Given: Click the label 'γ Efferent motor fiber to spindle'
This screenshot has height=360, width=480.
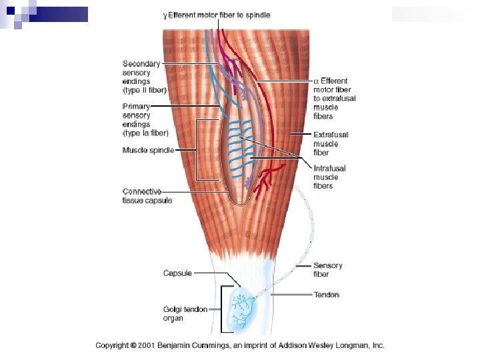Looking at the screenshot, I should point(217,15).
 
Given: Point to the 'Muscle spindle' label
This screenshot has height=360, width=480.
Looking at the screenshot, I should point(148,151).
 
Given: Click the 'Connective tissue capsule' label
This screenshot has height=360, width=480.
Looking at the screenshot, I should point(147,196).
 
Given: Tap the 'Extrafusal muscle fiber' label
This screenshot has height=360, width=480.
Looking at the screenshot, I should point(331,143).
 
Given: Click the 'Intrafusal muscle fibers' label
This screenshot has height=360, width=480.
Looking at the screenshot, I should point(330,177).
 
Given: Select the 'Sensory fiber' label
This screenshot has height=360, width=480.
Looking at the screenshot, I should point(327,269).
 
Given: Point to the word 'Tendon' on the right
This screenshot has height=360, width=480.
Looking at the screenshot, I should point(326,295).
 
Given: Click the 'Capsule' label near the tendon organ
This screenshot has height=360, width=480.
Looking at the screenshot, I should point(177,273).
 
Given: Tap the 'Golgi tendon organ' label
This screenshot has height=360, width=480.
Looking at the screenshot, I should point(185,313).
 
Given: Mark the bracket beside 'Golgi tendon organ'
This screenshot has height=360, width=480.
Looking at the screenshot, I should point(221,309).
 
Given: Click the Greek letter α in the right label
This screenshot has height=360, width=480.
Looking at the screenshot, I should point(316,81).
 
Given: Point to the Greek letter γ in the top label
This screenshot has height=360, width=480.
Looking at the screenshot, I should point(165,15).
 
